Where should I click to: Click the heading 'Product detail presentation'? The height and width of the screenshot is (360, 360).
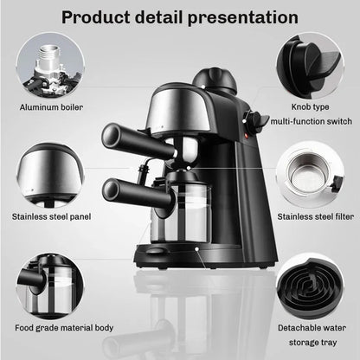click(x=179, y=16)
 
